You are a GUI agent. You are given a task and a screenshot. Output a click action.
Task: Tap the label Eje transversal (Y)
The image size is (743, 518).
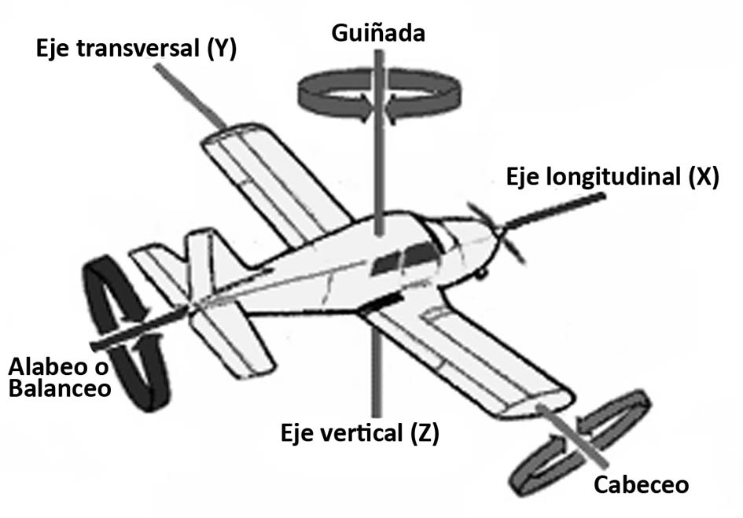pos(136,49)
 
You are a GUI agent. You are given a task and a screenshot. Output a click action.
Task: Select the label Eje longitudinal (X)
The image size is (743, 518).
pos(612,177)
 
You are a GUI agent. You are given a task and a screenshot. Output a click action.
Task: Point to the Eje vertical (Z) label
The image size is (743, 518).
pos(361,432)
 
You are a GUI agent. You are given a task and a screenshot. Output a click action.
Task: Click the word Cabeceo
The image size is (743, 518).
pos(642,484)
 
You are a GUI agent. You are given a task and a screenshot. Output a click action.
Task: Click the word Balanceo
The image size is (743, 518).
pos(60,389)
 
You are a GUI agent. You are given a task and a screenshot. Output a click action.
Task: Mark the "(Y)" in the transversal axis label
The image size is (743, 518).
pos(222,49)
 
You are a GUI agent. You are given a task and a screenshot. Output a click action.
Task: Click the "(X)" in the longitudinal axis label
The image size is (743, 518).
pos(704,177)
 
